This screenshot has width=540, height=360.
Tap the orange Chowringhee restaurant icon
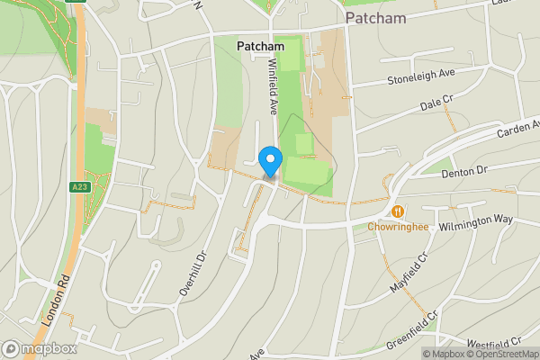pyautogui.click(x=397, y=211)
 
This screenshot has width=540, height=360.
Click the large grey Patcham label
pyautogui.click(x=375, y=18)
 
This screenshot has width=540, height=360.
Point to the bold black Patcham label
pyautogui.click(x=260, y=46)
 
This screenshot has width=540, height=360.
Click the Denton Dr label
pyautogui.click(x=464, y=169)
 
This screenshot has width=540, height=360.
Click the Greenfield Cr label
pyautogui.click(x=411, y=331)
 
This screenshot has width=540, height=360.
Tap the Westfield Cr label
pyautogui.click(x=494, y=343)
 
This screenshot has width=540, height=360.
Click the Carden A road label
pyautogui.click(x=517, y=130)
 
